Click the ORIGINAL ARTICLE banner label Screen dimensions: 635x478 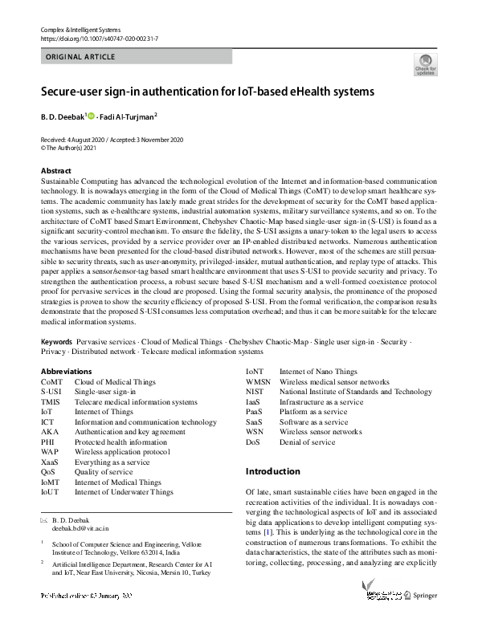pyautogui.click(x=80, y=57)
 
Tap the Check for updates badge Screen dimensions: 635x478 pyautogui.click(x=424, y=65)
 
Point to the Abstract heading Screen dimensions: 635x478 pyautogui.click(x=55, y=171)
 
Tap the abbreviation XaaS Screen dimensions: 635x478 pyautogui.click(x=51, y=462)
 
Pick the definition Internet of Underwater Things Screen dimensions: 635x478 pyautogui.click(x=124, y=491)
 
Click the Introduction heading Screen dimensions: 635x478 pyautogui.click(x=273, y=471)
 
